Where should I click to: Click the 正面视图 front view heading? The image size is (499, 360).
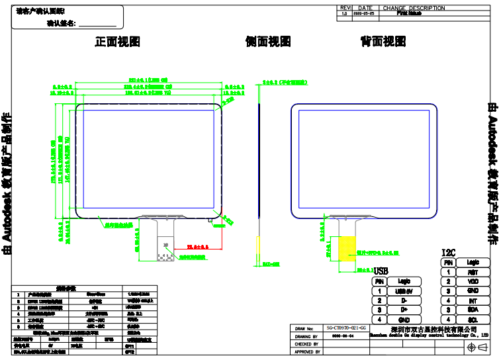pyautogui.click(x=118, y=42)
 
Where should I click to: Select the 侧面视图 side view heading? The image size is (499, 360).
pyautogui.click(x=268, y=42)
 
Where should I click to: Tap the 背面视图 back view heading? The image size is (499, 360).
pyautogui.click(x=383, y=42)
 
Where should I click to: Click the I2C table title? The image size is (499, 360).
pyautogui.click(x=448, y=253)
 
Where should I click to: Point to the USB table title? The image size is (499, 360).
pyautogui.click(x=381, y=271)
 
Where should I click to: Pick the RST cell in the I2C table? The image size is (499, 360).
pyautogui.click(x=473, y=272)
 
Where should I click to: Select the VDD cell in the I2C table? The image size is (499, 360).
pyautogui.click(x=473, y=281)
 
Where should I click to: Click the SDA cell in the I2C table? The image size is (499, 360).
pyautogui.click(x=473, y=310)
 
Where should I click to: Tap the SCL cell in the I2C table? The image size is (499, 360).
pyautogui.click(x=473, y=320)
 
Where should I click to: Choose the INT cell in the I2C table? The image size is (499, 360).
pyautogui.click(x=473, y=300)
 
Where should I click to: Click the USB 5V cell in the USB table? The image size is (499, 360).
pyautogui.click(x=404, y=291)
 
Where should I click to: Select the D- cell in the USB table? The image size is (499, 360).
pyautogui.click(x=404, y=300)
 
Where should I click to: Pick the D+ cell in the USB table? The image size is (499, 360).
pyautogui.click(x=404, y=310)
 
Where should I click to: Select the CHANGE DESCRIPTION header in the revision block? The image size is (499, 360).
pyautogui.click(x=414, y=8)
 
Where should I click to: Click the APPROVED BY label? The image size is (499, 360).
pyautogui.click(x=307, y=352)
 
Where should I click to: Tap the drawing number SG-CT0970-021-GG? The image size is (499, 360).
pyautogui.click(x=346, y=328)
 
